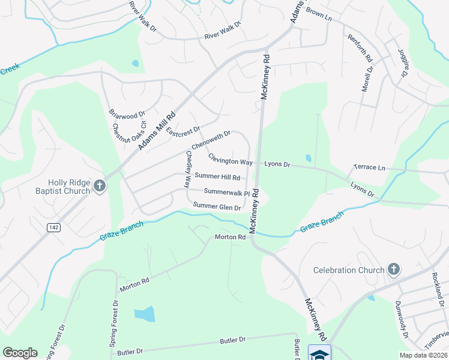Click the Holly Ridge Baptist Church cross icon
(x=100, y=186)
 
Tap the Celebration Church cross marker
(x=394, y=269)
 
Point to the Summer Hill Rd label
(x=217, y=177)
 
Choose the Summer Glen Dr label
(x=217, y=207)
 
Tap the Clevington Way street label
(x=230, y=160)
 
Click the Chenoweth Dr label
(x=211, y=140)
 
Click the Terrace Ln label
(x=369, y=167)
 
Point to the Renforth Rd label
(x=360, y=49)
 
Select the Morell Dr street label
(x=367, y=78)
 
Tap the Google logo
(x=20, y=353)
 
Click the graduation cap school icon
(x=320, y=353)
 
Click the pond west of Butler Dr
(x=144, y=314)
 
